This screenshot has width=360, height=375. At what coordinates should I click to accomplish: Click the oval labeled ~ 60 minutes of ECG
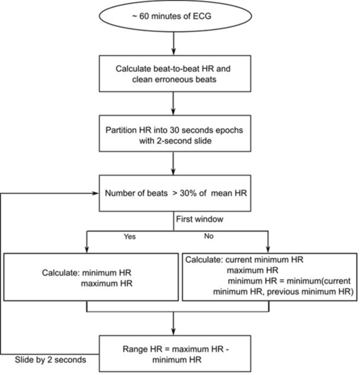[x=173, y=16]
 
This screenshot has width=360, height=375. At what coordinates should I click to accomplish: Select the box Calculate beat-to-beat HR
[x=173, y=74]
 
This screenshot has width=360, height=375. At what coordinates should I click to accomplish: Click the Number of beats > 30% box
[x=173, y=193]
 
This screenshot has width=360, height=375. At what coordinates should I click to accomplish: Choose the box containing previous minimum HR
[x=268, y=277]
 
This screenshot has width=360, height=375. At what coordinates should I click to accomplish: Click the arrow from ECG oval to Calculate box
[x=173, y=43]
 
